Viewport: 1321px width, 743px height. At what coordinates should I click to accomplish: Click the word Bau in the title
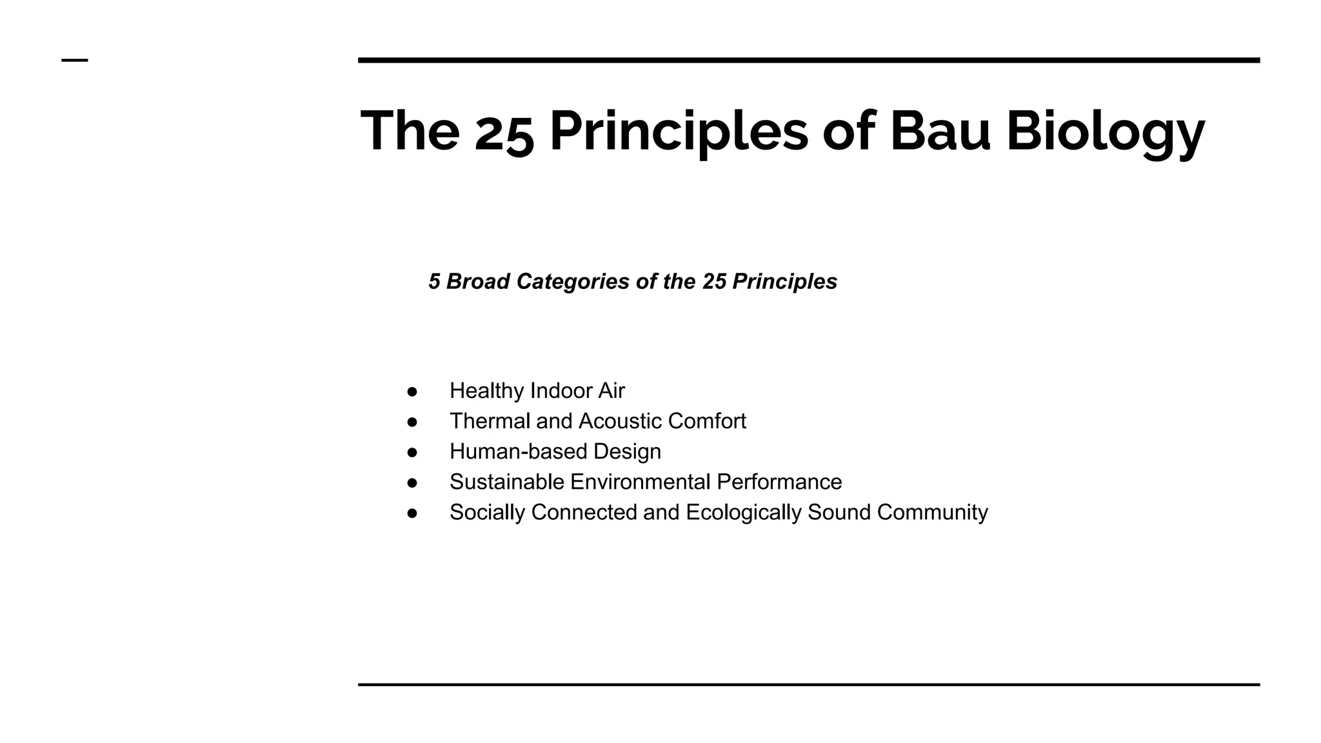point(939,131)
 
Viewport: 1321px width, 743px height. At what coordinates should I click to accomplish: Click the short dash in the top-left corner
point(75,61)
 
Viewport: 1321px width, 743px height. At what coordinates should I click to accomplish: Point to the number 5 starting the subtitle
point(434,281)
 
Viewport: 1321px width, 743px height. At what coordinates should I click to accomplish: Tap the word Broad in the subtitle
point(478,281)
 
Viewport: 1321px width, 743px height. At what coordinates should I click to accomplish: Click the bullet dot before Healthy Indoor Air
point(412,391)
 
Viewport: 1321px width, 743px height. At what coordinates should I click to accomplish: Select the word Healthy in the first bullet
point(486,391)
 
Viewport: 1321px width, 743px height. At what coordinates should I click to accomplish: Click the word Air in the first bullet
point(611,391)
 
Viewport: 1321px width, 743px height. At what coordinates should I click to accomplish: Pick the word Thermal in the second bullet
point(490,421)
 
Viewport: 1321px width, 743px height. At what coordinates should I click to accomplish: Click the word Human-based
point(518,451)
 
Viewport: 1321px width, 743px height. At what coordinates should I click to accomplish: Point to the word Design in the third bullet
point(627,451)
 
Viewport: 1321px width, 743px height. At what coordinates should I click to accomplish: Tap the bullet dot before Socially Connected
point(412,513)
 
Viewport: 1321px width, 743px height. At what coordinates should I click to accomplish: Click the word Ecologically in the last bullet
point(743,513)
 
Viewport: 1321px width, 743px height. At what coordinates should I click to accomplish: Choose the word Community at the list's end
point(932,513)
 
